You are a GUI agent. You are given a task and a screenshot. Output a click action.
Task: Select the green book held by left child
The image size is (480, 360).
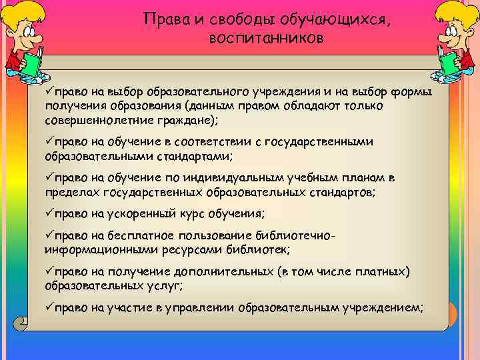[x=30, y=64]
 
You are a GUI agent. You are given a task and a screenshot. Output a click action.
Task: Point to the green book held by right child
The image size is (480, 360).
[x=450, y=64]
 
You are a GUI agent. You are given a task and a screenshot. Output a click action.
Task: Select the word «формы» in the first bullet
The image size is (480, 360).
[x=409, y=91]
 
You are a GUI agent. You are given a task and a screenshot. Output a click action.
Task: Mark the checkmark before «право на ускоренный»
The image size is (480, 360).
[x=49, y=213]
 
